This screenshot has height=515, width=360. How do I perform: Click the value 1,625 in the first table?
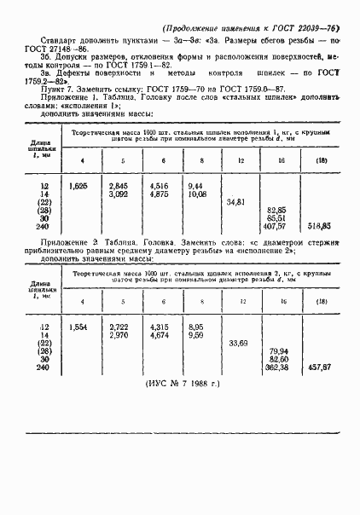78,185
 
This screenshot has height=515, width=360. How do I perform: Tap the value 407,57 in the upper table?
276,226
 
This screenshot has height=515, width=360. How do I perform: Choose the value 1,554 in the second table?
78,327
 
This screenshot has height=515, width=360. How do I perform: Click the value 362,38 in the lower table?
276,367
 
